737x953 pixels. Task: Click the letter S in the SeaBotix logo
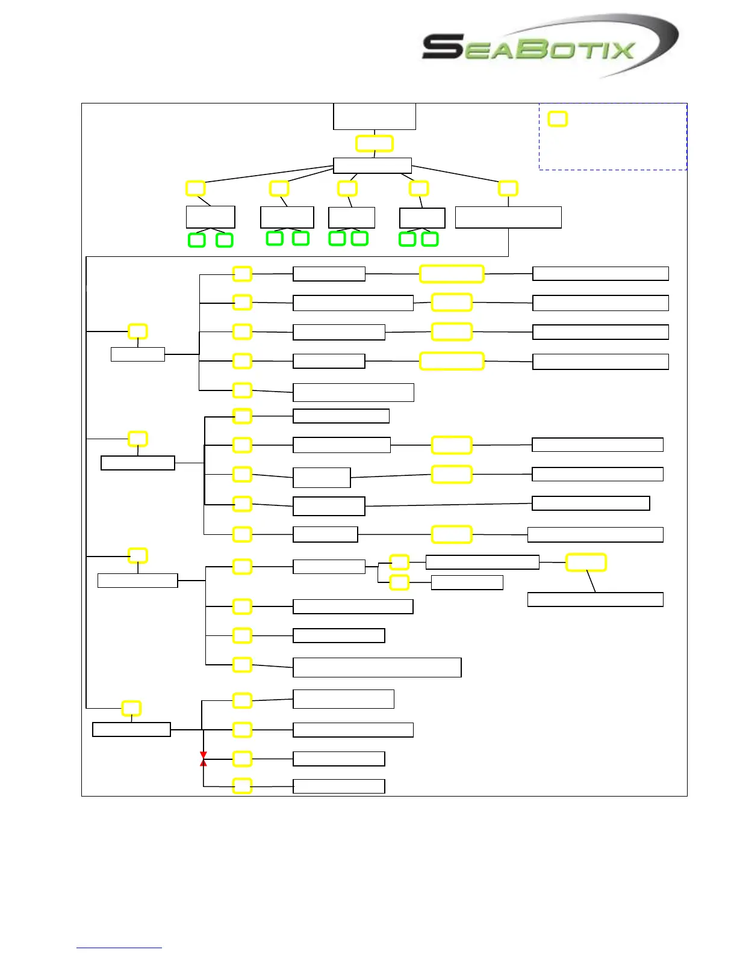(443, 47)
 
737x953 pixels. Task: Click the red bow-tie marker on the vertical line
(204, 759)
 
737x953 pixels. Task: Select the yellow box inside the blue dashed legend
(558, 119)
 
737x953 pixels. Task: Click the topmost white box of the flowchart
(375, 116)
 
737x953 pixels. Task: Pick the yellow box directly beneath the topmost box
(375, 144)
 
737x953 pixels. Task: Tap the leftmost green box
(197, 240)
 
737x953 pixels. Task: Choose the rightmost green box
(430, 239)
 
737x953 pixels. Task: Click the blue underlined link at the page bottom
(119, 948)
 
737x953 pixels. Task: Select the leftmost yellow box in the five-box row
(195, 188)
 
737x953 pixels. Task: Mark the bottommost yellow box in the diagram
(242, 786)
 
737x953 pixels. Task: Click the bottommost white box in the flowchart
(339, 786)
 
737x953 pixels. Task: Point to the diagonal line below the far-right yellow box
(591, 581)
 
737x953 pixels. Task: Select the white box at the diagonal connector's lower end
(596, 599)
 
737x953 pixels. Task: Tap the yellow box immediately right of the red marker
(242, 759)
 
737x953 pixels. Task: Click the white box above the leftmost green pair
(211, 217)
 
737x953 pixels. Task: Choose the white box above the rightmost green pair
(423, 218)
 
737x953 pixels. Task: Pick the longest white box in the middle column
(377, 668)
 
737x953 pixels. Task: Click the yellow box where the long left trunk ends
(131, 708)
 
